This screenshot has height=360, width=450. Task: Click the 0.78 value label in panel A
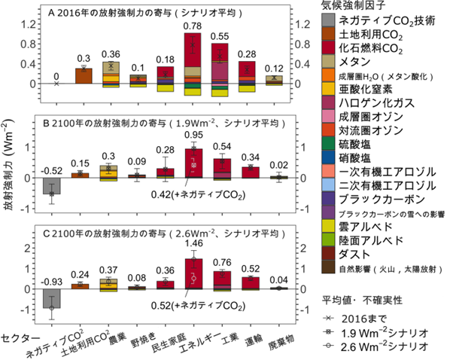193,26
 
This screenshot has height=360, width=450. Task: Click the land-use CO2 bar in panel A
85,76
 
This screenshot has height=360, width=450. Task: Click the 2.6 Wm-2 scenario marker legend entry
376,346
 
